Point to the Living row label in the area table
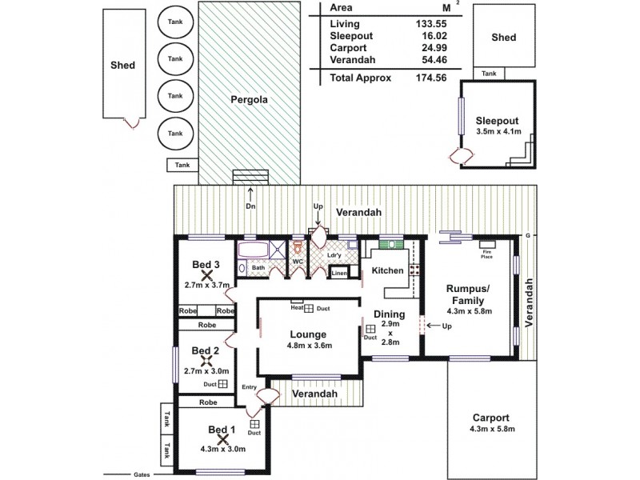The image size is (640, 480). (345, 23)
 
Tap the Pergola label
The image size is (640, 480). (250, 101)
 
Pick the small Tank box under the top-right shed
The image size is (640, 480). (490, 73)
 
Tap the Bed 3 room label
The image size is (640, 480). (206, 265)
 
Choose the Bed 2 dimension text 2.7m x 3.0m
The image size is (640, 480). (206, 371)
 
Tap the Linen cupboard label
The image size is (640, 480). (339, 274)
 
